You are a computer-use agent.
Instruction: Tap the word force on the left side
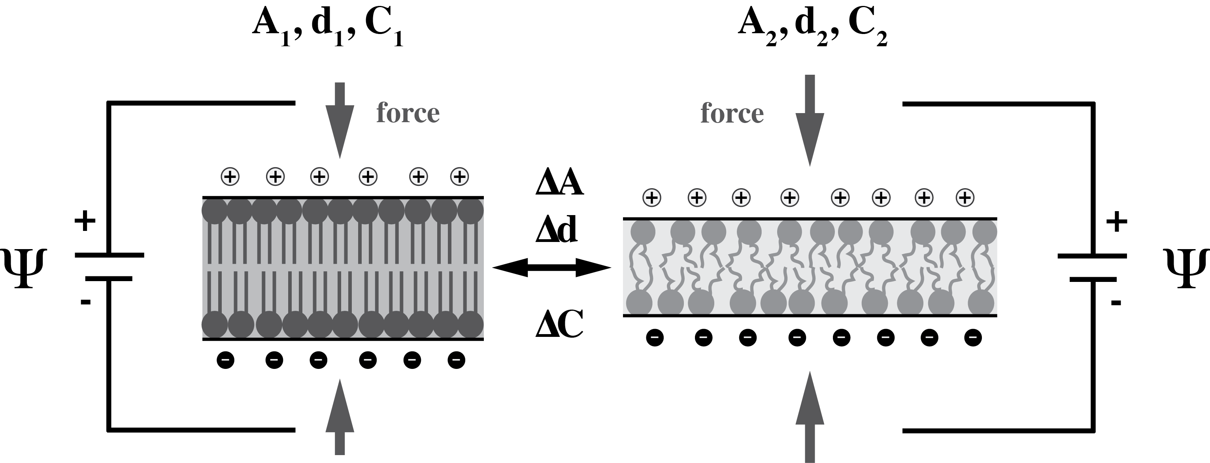408,113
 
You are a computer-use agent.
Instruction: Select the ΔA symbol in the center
559,183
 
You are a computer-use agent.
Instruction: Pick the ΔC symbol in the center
559,325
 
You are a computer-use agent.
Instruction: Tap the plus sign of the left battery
85,221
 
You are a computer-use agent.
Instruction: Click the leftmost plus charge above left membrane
230,177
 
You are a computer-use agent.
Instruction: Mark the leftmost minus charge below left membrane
225,361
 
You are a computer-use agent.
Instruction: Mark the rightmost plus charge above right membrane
965,197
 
